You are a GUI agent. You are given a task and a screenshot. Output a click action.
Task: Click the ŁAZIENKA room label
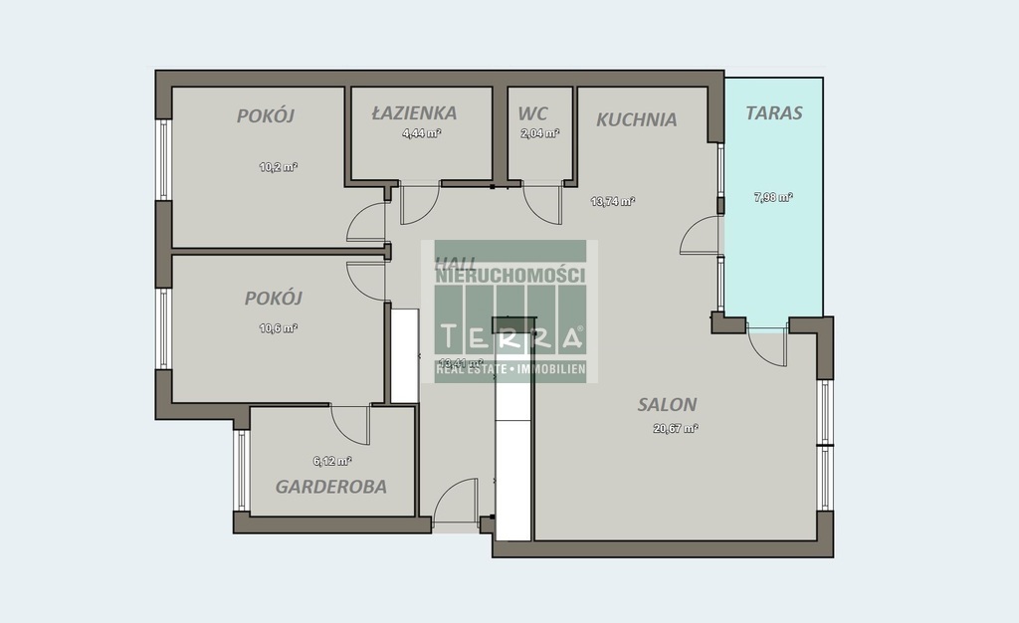pos(414,112)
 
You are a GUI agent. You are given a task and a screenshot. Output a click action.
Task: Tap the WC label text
pos(532,112)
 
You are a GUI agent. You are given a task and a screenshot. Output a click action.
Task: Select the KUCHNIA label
pos(637,119)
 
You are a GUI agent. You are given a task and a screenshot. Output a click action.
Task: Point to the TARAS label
pos(774,112)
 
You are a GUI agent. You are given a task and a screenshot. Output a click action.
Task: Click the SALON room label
pos(667,404)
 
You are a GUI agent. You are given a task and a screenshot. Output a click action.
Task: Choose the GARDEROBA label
pos(331,487)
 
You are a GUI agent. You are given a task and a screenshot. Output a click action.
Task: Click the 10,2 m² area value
pos(279,167)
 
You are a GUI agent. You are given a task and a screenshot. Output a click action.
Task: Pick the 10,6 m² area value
pos(279,327)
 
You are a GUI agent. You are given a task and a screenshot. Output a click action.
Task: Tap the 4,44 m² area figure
pos(421,133)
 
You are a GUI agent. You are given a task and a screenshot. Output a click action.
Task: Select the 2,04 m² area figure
pos(539,133)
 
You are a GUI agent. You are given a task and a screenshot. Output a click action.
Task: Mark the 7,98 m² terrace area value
pos(773,197)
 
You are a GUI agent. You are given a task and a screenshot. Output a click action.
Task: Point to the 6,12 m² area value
pos(331,461)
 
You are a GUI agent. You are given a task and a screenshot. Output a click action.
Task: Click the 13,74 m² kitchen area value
pos(612,201)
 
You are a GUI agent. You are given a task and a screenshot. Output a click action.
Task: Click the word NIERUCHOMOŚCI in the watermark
pos(510,276)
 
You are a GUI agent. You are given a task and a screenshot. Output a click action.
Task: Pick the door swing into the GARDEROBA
pos(350,424)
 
